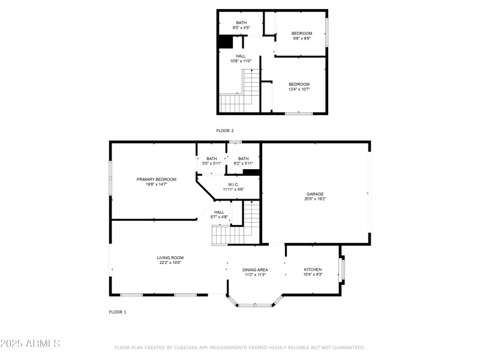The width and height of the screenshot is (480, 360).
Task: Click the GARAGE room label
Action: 315,194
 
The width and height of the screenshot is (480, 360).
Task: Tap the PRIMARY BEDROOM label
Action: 156,179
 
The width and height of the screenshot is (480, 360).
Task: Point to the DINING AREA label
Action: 255,270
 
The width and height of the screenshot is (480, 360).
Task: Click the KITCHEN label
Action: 313,269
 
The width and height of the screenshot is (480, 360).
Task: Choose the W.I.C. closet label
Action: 233,184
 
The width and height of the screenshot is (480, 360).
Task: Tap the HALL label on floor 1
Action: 219,212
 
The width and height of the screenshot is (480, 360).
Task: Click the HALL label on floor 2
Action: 241,56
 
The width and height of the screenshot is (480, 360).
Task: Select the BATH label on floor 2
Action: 241,23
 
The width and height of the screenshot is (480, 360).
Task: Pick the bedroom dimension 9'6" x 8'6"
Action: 302,38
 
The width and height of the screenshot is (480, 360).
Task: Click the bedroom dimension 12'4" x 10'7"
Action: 299,89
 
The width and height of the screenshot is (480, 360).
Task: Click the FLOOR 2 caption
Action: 225,130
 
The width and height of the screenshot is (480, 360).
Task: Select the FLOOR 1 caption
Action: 118,312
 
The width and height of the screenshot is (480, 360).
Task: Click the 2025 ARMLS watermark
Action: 30,344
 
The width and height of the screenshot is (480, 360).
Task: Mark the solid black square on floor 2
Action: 226,42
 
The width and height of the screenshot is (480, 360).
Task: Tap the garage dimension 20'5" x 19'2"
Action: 315,199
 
